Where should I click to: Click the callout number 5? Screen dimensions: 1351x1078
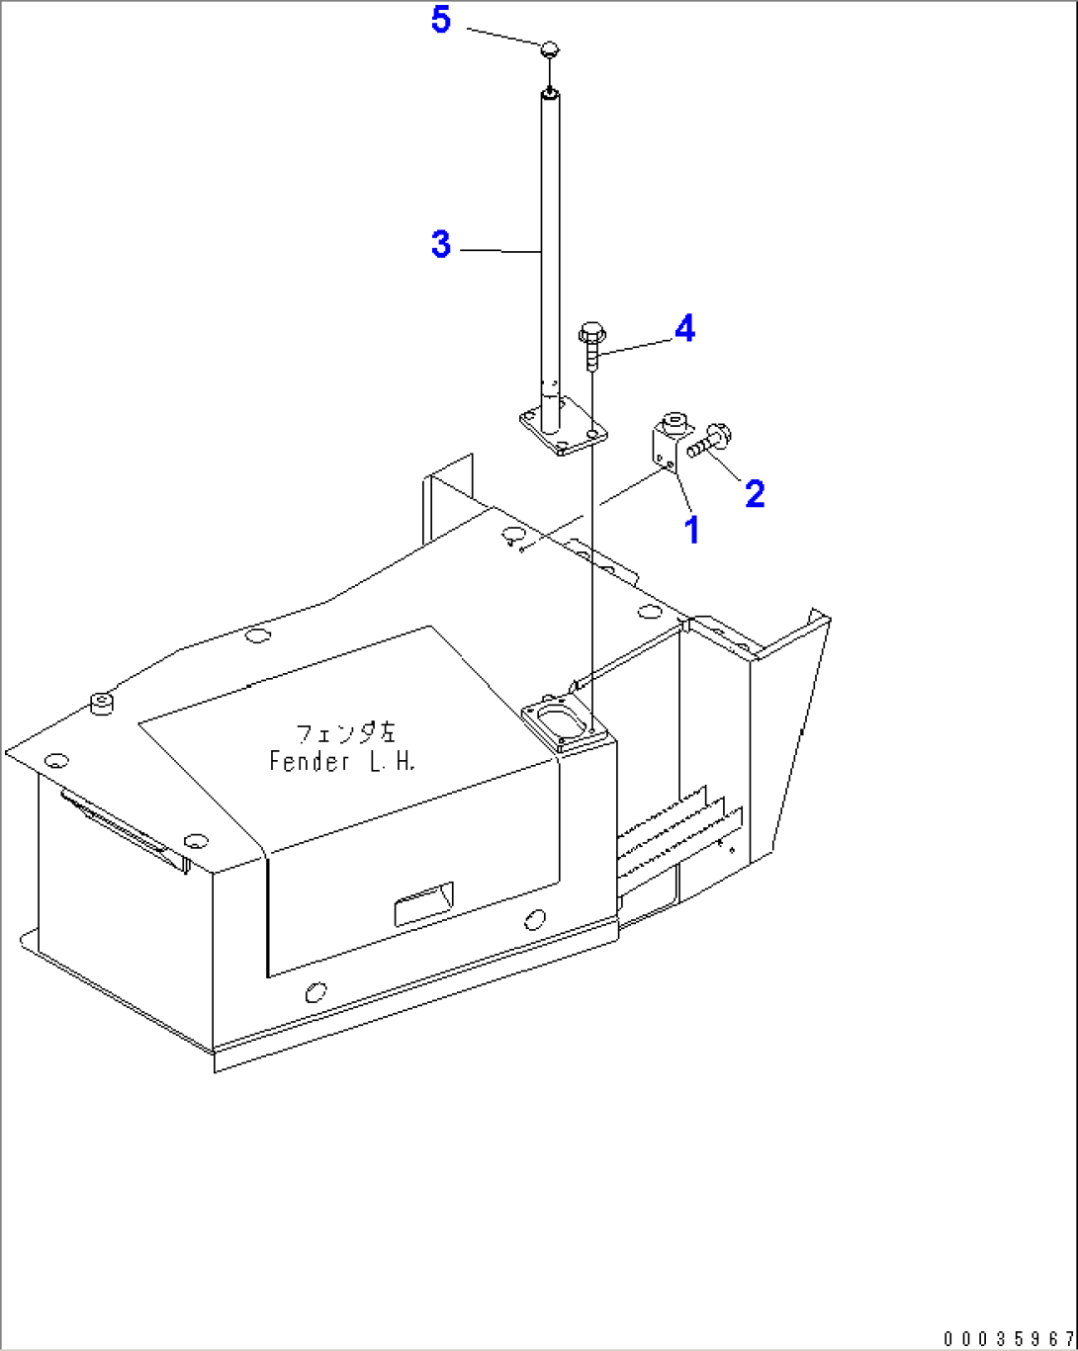point(441,19)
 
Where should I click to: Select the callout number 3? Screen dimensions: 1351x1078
point(441,244)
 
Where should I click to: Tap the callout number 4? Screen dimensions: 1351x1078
point(684,329)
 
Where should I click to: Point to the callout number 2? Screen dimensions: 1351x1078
point(755,493)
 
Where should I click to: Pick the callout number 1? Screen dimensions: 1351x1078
point(692,530)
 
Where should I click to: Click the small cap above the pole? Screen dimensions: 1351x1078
point(551,46)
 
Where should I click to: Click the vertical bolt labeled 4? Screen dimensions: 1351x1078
point(590,345)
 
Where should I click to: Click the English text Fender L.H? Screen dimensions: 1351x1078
point(342,761)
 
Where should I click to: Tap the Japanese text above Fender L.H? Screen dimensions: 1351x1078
point(345,733)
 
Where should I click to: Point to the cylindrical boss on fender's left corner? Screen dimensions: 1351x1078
point(101,703)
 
